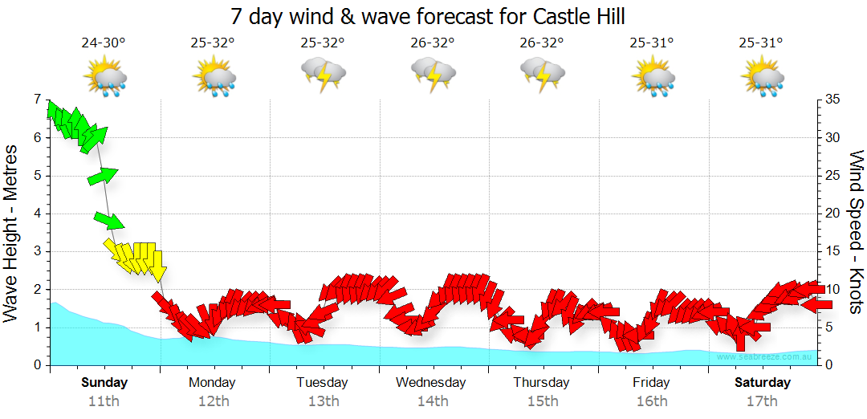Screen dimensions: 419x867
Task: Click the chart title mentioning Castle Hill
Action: click(427, 16)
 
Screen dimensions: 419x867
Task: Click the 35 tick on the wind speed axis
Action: click(833, 100)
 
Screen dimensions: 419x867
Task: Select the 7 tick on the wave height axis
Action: click(37, 100)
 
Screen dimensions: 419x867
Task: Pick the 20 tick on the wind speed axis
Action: click(833, 214)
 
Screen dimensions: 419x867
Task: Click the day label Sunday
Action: click(104, 382)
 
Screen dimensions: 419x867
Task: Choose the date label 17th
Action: click(761, 401)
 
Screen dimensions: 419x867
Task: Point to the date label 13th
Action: click(323, 401)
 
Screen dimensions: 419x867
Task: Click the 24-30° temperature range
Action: click(104, 43)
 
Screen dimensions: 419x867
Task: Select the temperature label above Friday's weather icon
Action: click(652, 43)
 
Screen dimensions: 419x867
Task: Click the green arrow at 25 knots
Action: click(103, 176)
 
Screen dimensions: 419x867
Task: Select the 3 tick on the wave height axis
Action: click(37, 251)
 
